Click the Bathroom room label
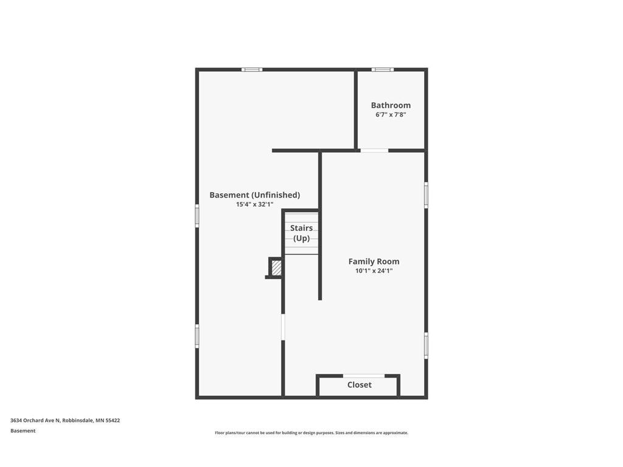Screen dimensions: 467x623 [391, 105]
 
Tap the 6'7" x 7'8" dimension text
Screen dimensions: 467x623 [391, 114]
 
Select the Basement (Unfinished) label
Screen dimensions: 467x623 [254, 195]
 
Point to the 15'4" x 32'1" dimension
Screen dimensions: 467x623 [254, 204]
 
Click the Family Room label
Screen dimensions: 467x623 [374, 261]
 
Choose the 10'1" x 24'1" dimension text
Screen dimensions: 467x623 [374, 271]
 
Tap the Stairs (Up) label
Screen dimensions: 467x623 [301, 233]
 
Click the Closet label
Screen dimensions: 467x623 [359, 385]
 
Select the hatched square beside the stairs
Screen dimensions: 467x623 [276, 267]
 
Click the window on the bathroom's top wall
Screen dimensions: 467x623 [383, 69]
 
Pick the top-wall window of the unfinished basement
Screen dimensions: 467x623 [252, 69]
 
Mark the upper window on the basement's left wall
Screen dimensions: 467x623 [197, 216]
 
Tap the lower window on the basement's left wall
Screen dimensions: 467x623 [197, 336]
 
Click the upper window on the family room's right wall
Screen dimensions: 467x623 [426, 195]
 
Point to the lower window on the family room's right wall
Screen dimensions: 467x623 [426, 345]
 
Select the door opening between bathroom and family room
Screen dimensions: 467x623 [374, 150]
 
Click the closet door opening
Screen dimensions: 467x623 [364, 376]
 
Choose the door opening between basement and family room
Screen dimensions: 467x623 [283, 327]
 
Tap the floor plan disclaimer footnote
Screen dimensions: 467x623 [311, 433]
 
